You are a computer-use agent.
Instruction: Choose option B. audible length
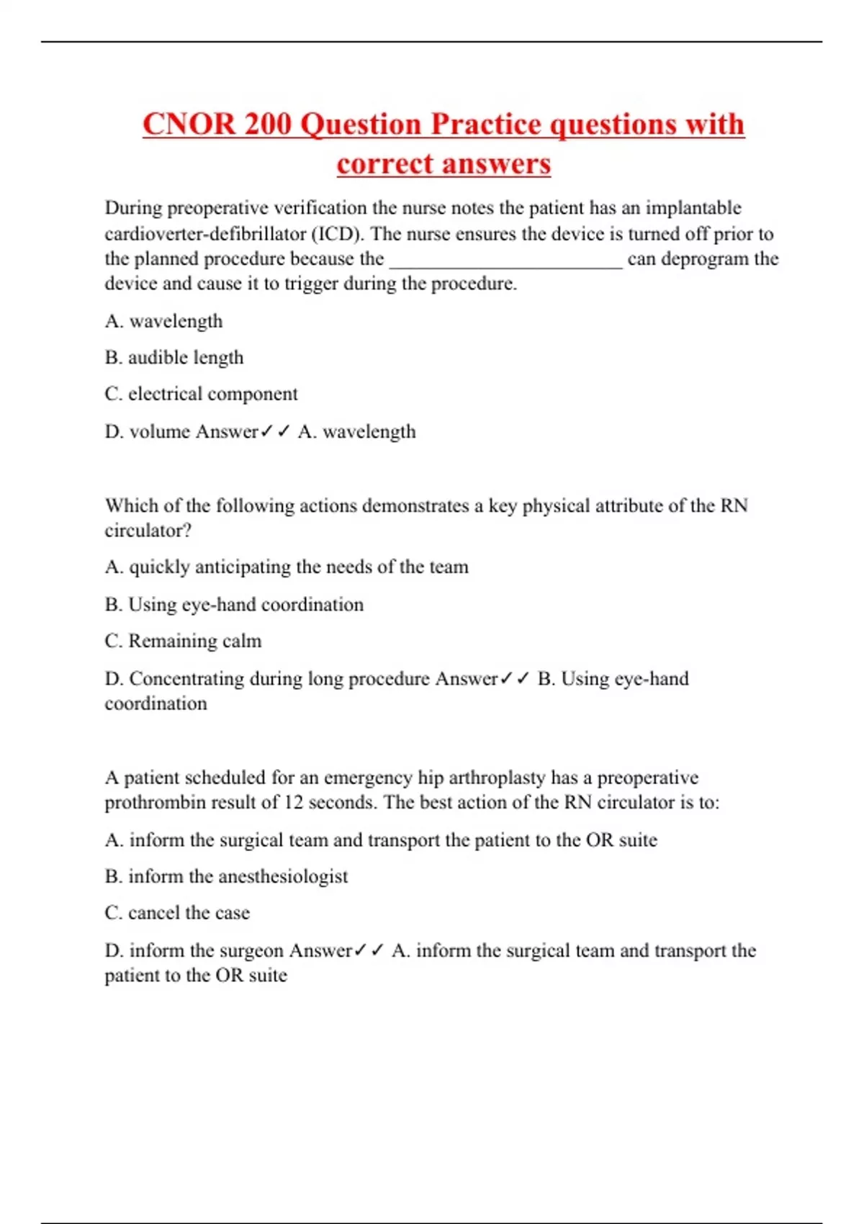point(174,357)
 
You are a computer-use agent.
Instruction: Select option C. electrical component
point(201,394)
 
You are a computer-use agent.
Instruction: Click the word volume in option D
point(160,431)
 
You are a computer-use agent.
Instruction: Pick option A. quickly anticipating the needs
point(287,567)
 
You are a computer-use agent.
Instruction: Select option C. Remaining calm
point(183,641)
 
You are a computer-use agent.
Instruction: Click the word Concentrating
point(186,678)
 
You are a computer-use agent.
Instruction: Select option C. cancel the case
point(177,913)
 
